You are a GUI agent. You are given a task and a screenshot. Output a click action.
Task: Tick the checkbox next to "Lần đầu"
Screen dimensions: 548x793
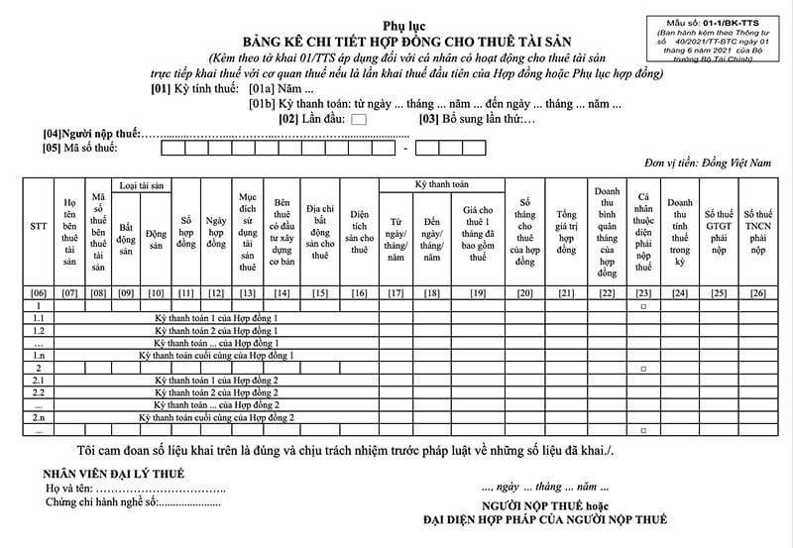point(358,119)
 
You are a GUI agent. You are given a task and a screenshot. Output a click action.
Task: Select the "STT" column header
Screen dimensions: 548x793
point(39,226)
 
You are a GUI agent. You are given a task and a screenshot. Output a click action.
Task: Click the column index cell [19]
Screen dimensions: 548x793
point(478,292)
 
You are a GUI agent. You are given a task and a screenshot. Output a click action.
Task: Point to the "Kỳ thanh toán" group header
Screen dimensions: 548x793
point(441,184)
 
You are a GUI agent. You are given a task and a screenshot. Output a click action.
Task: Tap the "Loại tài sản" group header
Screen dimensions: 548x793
point(142,185)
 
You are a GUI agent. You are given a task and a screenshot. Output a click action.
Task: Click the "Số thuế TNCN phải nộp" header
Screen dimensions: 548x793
point(758,232)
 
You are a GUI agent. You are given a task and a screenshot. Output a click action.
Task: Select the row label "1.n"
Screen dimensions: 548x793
point(39,355)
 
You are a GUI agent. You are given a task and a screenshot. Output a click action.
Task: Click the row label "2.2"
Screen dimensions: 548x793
point(39,392)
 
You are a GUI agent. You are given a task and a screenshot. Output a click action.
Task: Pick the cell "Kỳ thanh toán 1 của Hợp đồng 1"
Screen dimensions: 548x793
point(216,318)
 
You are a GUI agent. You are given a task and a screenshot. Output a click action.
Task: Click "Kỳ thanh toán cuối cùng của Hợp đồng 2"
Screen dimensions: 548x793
point(216,418)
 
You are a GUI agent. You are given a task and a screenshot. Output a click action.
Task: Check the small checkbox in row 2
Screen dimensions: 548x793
point(643,368)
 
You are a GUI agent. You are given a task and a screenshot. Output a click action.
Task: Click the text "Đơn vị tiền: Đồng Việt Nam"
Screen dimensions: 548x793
point(707,163)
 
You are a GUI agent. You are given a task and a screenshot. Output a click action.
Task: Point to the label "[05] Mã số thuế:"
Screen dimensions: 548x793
point(80,148)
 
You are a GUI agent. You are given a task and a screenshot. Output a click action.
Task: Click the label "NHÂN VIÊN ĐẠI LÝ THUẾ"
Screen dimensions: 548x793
point(113,474)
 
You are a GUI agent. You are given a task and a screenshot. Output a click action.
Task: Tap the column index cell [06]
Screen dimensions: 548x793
point(39,292)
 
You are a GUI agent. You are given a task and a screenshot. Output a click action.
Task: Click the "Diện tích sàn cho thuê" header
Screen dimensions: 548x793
point(360,232)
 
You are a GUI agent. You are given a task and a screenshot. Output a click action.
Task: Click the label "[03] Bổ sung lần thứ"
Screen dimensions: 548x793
point(477,119)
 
